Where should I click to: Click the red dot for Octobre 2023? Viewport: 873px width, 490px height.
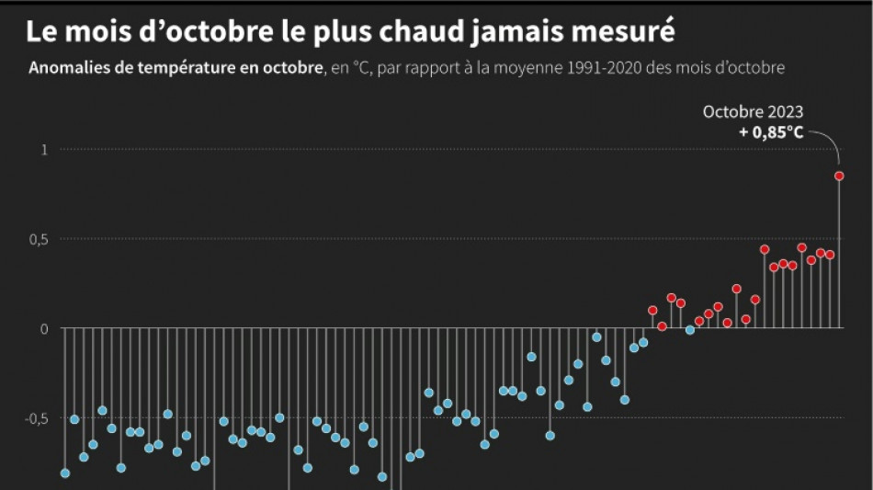[839, 176]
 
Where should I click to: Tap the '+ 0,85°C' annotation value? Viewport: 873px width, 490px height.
[770, 132]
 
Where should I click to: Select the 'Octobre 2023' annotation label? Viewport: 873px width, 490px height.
[753, 112]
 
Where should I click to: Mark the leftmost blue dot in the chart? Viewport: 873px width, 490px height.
[65, 473]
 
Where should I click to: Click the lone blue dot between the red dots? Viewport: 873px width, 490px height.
[690, 330]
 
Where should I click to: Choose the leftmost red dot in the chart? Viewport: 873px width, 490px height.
[652, 311]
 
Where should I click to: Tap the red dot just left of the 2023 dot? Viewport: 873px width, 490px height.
[830, 255]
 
